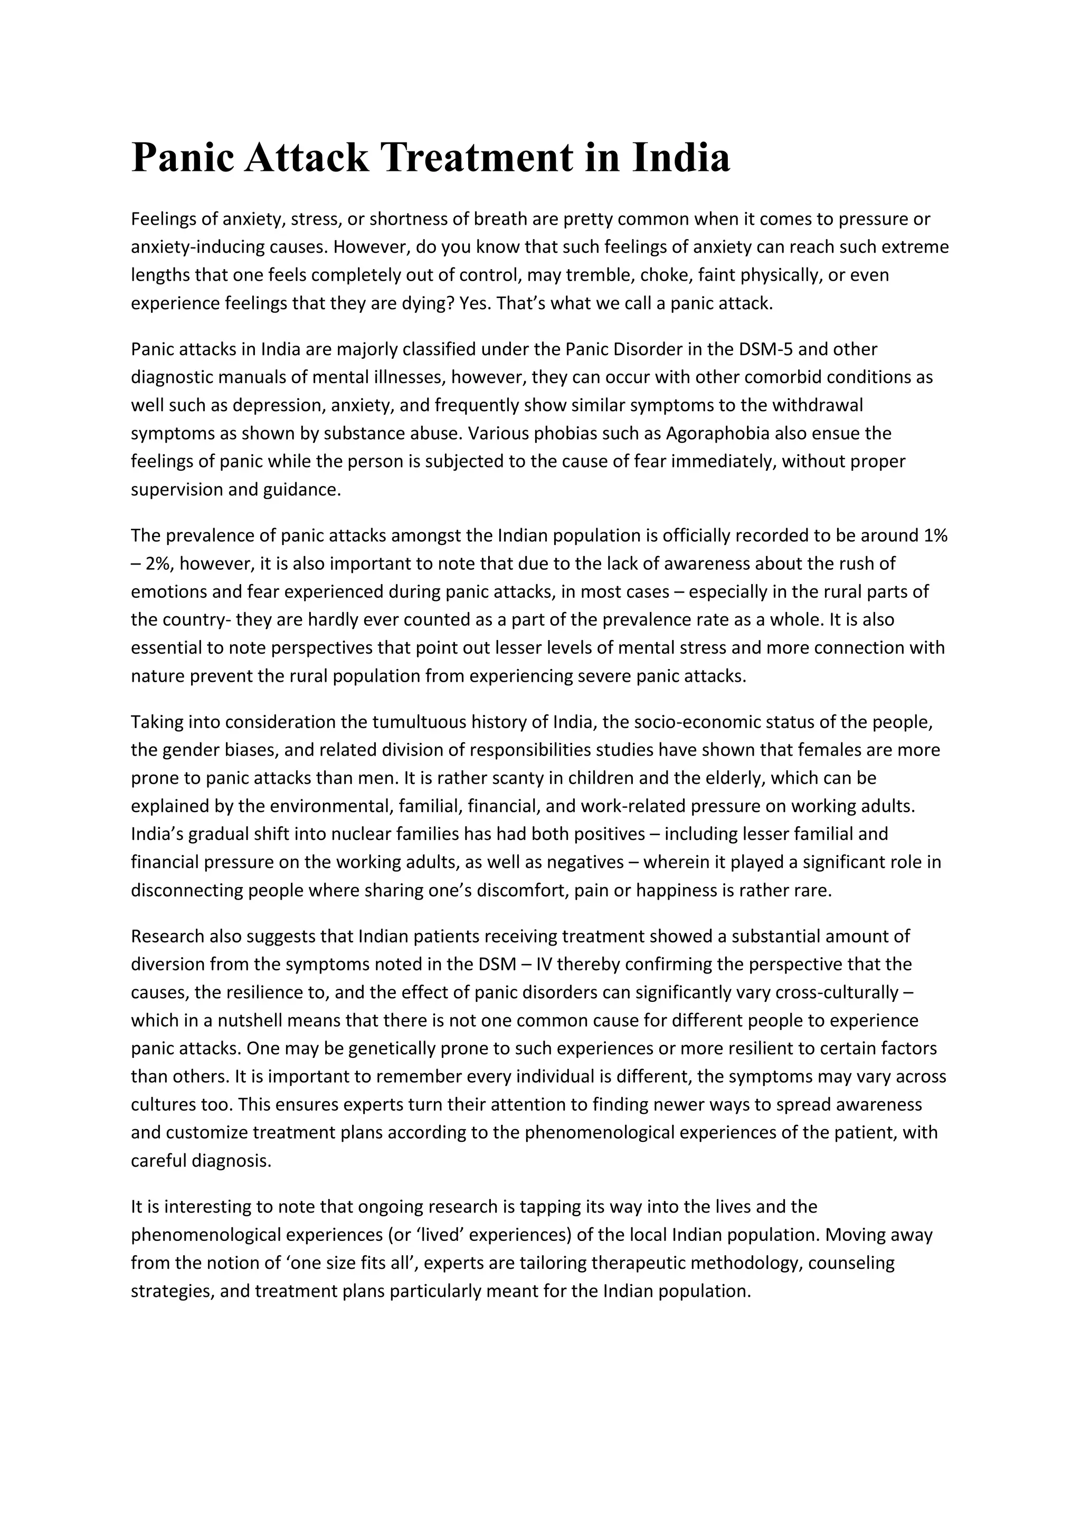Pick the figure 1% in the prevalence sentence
pyautogui.click(x=935, y=536)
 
